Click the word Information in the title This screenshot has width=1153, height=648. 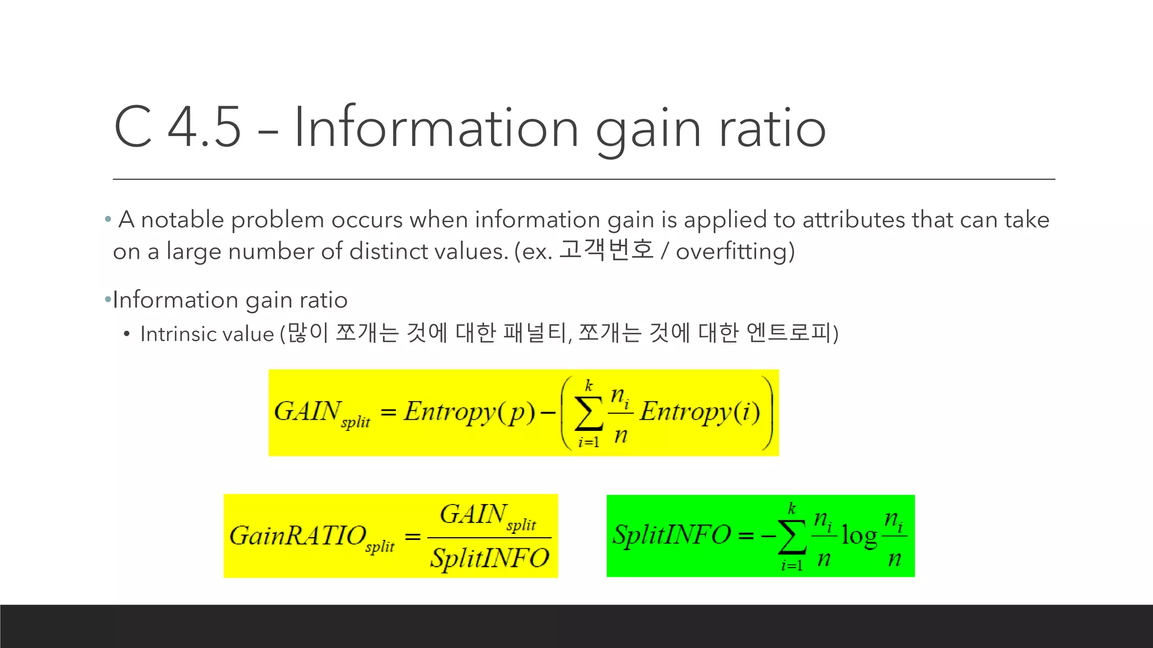[436, 128]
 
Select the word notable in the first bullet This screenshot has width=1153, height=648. [182, 220]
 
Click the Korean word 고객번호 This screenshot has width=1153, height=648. [606, 250]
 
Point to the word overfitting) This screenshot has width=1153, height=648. [735, 251]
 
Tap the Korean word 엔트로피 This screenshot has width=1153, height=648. [789, 333]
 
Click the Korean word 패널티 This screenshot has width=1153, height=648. [535, 333]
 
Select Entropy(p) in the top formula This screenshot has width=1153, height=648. [469, 412]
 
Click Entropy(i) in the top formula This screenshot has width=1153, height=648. [699, 412]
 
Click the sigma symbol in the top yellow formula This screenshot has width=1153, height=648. [588, 415]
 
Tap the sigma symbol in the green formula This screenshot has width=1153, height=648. [792, 537]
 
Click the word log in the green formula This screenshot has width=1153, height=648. [859, 536]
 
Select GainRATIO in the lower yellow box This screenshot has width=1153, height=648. [298, 535]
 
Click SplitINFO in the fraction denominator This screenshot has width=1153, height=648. [489, 559]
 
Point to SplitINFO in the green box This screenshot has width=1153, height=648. [671, 535]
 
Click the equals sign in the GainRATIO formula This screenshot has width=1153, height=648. [413, 537]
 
